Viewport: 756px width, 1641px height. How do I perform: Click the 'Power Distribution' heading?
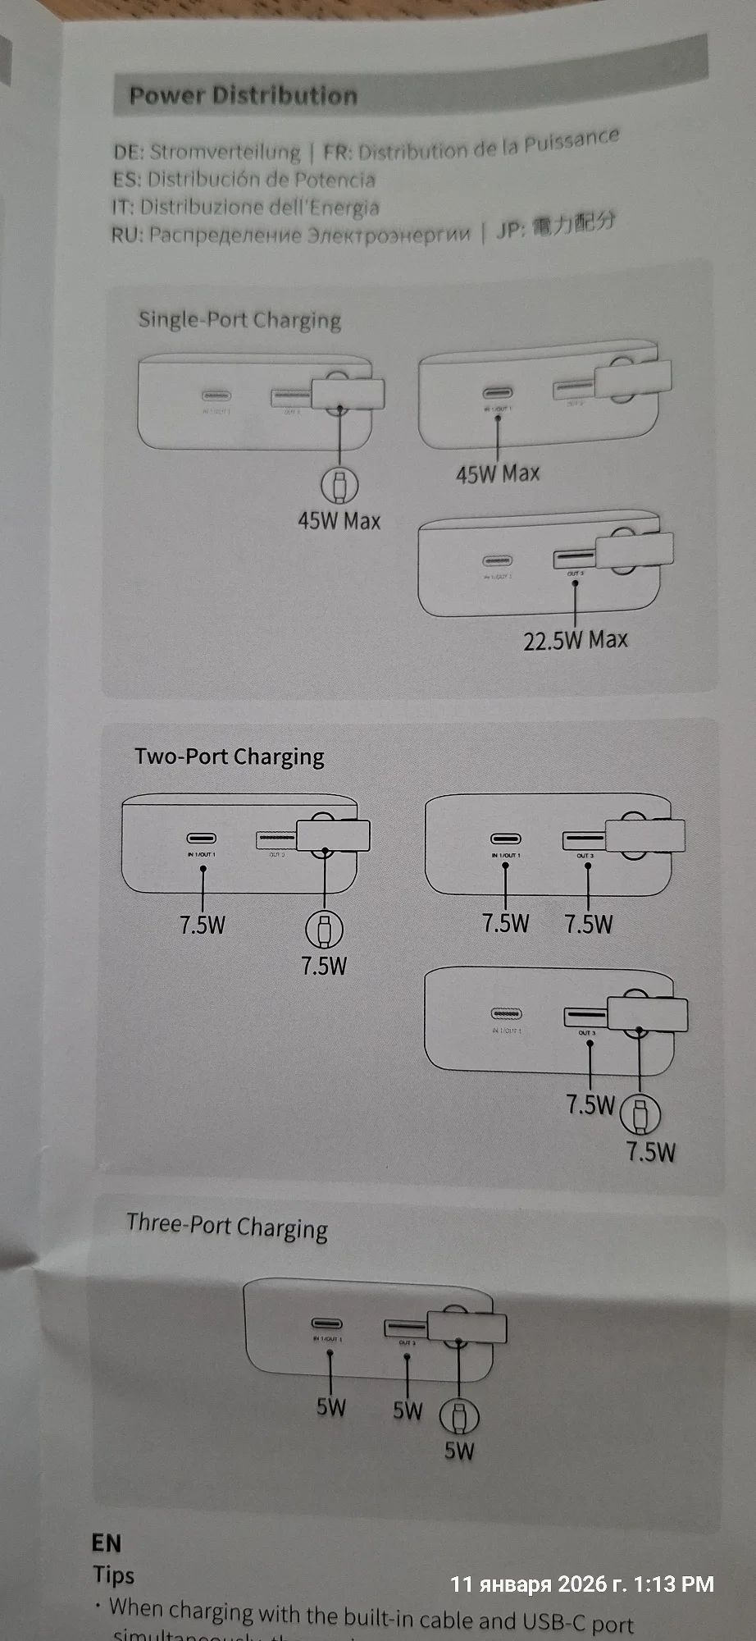pos(243,95)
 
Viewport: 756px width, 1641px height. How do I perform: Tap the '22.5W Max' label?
pos(576,640)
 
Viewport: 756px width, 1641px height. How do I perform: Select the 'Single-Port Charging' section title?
pos(239,319)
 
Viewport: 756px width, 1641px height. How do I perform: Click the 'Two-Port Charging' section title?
pos(230,757)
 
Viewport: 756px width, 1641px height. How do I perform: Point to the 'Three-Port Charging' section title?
pos(227,1226)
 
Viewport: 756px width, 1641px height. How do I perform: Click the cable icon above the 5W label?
pos(459,1415)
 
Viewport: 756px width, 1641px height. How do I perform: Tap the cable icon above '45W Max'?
pos(339,485)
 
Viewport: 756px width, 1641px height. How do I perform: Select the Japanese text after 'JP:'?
pos(574,223)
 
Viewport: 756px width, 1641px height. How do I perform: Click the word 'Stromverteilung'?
pos(225,152)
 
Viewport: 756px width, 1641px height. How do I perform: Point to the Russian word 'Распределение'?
pos(225,235)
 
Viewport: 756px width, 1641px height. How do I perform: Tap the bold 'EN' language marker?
pos(107,1543)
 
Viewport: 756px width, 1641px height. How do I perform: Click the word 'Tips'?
pos(113,1575)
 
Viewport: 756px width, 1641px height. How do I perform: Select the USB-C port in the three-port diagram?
pos(326,1323)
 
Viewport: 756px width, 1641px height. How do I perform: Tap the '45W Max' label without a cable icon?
pos(498,473)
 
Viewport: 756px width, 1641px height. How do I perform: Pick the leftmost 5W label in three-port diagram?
pos(331,1407)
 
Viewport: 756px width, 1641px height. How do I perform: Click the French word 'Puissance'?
pos(572,141)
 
